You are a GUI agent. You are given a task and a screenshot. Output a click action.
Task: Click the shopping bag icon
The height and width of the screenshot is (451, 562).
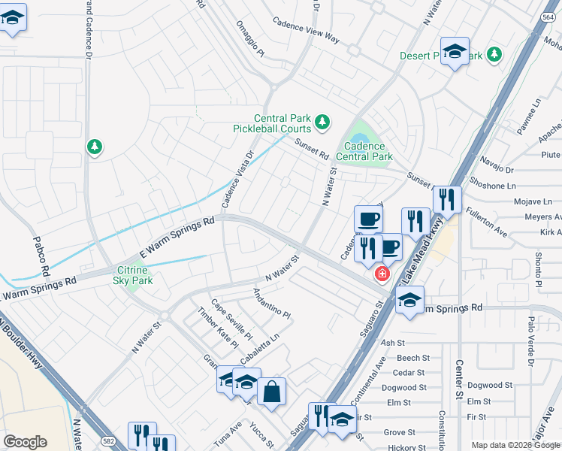(x=271, y=390)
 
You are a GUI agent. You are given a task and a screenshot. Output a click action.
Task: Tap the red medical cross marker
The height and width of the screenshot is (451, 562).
(x=382, y=274)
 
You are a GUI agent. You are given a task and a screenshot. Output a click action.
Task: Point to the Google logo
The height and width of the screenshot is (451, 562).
(x=25, y=442)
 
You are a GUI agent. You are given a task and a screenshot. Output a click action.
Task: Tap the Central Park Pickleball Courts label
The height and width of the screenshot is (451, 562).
(x=283, y=123)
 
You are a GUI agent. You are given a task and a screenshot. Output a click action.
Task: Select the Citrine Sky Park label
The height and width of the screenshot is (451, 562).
(x=133, y=275)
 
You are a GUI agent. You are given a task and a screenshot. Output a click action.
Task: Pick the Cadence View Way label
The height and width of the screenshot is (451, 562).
(x=306, y=30)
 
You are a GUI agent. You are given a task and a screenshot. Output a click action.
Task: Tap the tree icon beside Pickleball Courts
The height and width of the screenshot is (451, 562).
(x=322, y=121)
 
